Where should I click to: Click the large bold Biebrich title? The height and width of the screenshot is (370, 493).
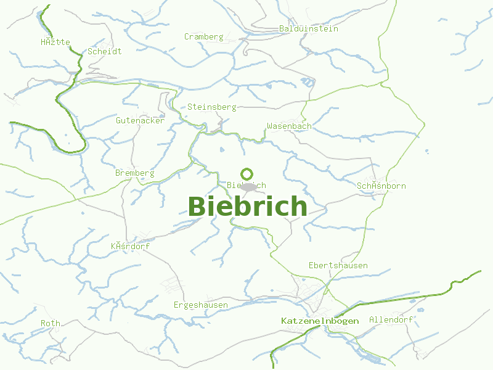click(x=247, y=207)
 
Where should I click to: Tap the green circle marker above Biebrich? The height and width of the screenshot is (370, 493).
click(x=247, y=174)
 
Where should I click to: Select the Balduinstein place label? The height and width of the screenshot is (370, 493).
click(x=308, y=28)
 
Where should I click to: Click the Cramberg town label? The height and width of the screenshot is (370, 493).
click(x=203, y=36)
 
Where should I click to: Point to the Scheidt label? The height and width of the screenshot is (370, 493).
click(x=104, y=51)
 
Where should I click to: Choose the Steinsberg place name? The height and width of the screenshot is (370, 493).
click(x=212, y=107)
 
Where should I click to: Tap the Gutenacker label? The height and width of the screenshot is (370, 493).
click(x=140, y=120)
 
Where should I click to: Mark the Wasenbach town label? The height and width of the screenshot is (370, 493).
click(x=289, y=126)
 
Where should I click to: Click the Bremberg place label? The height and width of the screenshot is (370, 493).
click(x=134, y=173)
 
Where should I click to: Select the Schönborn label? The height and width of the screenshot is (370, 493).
click(x=381, y=186)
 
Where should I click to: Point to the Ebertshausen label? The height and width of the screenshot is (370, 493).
click(x=338, y=265)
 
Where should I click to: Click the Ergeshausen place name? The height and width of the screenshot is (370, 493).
click(x=201, y=305)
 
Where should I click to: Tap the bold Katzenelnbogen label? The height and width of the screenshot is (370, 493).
click(x=319, y=321)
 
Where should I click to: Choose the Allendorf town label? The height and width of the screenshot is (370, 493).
click(x=391, y=319)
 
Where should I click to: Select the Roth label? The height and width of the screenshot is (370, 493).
click(x=51, y=323)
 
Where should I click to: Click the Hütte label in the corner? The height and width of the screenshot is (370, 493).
click(x=55, y=42)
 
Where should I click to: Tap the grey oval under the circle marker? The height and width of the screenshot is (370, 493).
click(x=248, y=186)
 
